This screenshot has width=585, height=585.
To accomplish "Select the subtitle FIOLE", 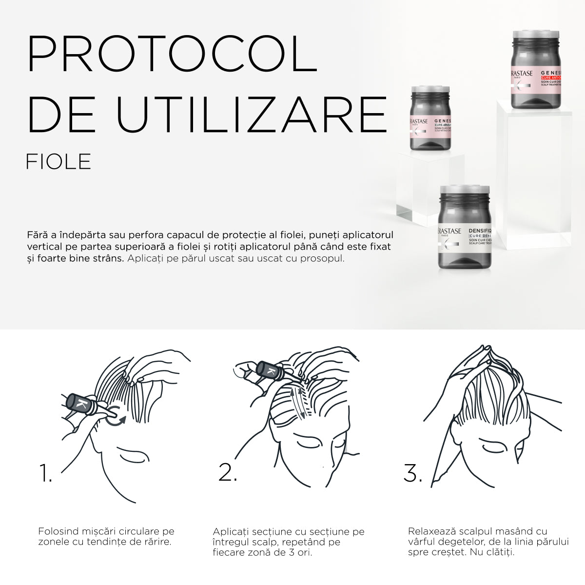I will click(58, 162).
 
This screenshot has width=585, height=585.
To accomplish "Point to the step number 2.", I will click(227, 472).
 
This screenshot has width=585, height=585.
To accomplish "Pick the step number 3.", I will click(412, 473).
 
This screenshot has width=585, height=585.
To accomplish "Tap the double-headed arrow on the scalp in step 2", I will click(298, 402).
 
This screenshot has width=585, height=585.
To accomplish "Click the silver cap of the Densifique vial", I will click(465, 189).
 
